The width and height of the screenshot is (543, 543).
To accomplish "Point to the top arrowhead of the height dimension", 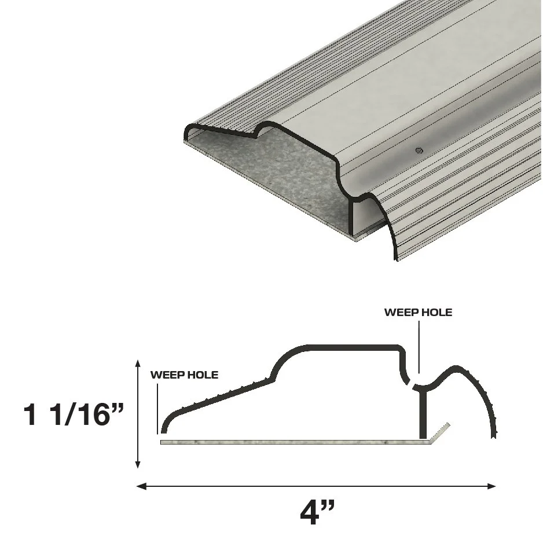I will [x=138, y=363].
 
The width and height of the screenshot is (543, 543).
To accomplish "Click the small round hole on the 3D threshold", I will [x=419, y=151].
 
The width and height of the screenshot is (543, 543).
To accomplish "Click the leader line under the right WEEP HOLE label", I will [x=418, y=347].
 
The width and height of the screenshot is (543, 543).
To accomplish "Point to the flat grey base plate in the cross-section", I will [x=289, y=442].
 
